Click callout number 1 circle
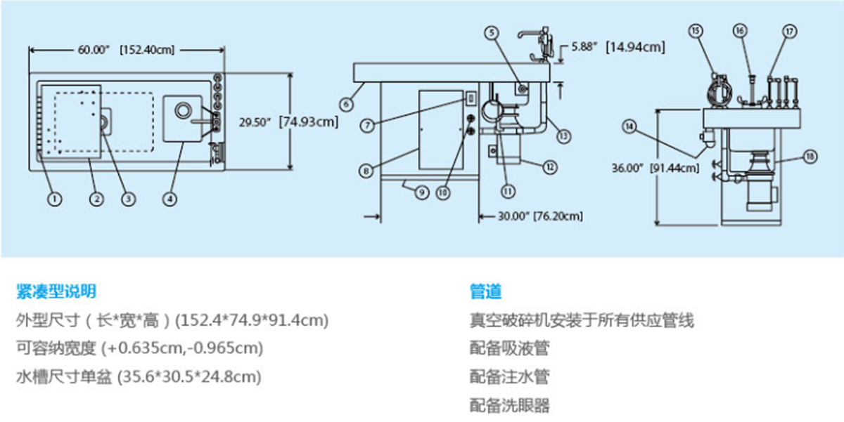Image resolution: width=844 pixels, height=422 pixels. click(x=53, y=199)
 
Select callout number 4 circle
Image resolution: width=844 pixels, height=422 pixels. click(x=170, y=199)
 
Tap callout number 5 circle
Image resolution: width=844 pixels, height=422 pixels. click(x=491, y=32)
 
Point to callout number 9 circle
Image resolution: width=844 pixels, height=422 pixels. click(x=421, y=191)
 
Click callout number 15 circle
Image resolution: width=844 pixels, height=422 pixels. click(x=696, y=30)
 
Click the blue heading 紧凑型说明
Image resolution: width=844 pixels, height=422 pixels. click(x=56, y=291)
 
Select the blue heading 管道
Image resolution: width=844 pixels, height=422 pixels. click(x=485, y=291)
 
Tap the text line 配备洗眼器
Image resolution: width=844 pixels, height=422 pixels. click(x=509, y=405)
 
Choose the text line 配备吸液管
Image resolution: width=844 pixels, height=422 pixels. click(x=509, y=348)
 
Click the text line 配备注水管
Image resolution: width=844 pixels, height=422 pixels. click(x=509, y=377)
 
